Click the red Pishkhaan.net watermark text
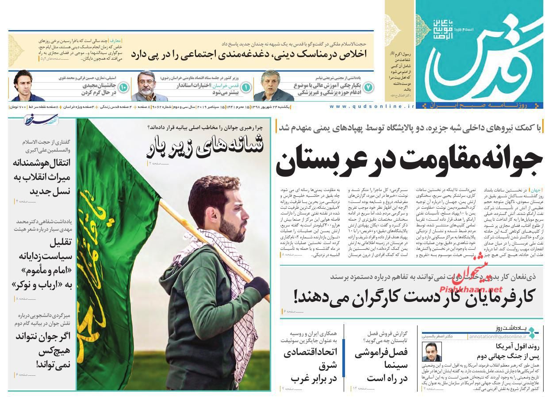coord(477,290)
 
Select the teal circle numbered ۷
coord(368,87)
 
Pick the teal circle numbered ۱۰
coord(123,87)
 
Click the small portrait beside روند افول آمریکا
coord(431,352)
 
